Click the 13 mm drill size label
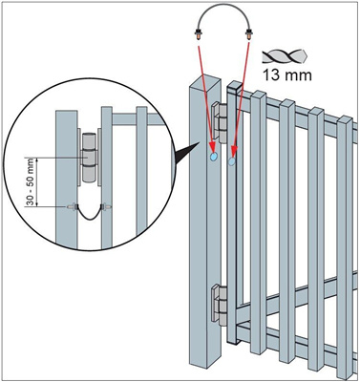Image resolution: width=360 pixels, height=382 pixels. [x=286, y=75]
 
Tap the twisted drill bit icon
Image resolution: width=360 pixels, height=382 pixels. [x=285, y=56]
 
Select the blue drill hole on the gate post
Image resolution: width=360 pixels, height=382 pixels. [x=213, y=157]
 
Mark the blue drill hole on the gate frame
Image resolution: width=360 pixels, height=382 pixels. [x=232, y=161]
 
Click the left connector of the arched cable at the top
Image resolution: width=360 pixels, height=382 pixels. [x=199, y=33]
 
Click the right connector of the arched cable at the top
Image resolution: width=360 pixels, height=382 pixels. [x=248, y=33]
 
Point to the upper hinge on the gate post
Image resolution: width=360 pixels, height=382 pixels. [x=220, y=122]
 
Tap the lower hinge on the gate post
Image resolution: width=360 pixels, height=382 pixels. [x=220, y=305]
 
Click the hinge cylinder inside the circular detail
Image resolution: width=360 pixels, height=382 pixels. [x=90, y=158]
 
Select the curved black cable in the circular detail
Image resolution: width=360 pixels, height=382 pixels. [x=90, y=213]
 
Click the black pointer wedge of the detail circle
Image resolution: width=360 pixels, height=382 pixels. [x=185, y=153]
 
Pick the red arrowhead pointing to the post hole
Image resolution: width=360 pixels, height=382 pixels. [x=212, y=147]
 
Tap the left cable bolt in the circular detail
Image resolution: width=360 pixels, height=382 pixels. [x=72, y=207]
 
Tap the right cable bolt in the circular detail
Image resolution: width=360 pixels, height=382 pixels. [x=106, y=207]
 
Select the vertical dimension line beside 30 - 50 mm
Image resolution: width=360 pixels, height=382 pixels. [x=37, y=181]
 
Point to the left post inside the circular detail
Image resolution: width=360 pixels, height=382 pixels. [x=67, y=180]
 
